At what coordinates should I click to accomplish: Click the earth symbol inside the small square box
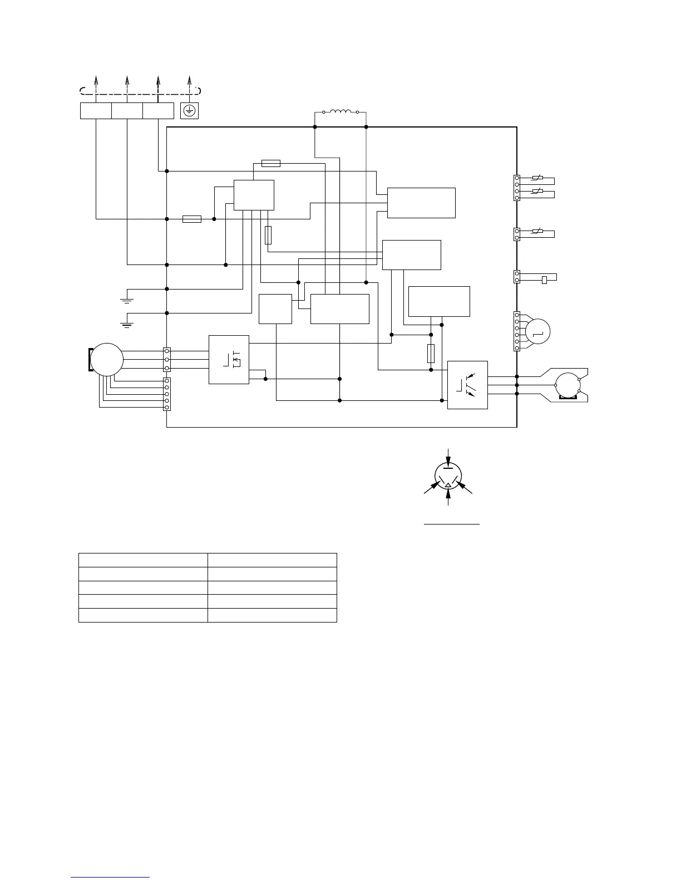pyautogui.click(x=189, y=111)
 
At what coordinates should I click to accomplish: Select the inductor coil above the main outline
pyautogui.click(x=340, y=111)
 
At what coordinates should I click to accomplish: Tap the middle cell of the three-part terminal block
pyautogui.click(x=127, y=111)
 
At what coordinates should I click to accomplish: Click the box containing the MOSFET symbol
pyautogui.click(x=229, y=359)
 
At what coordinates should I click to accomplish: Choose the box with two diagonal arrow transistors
pyautogui.click(x=467, y=385)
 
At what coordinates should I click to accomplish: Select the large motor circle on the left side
pyautogui.click(x=106, y=360)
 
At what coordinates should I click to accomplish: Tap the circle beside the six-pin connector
pyautogui.click(x=538, y=331)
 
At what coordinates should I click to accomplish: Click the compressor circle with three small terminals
pyautogui.click(x=567, y=385)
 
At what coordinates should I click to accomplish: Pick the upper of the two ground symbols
pyautogui.click(x=127, y=300)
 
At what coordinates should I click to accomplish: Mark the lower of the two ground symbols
pyautogui.click(x=127, y=324)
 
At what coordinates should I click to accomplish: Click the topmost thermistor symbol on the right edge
pyautogui.click(x=537, y=178)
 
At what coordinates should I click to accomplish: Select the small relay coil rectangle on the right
pyautogui.click(x=545, y=280)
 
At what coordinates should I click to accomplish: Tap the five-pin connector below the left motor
pyautogui.click(x=167, y=394)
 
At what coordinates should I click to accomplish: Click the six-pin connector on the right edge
pyautogui.click(x=517, y=331)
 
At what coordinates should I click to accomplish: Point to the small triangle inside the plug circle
pyautogui.click(x=448, y=486)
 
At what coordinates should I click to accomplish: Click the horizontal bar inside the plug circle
pyautogui.click(x=448, y=468)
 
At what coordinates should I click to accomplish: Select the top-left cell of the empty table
pyautogui.click(x=143, y=560)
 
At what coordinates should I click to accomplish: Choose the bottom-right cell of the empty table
pyautogui.click(x=272, y=615)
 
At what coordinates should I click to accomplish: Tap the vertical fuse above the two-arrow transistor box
pyautogui.click(x=431, y=354)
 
